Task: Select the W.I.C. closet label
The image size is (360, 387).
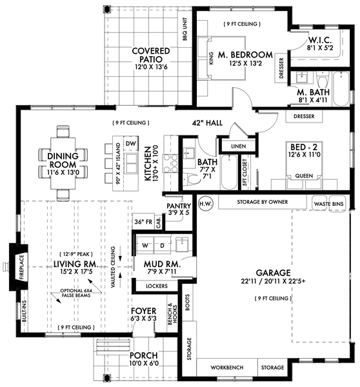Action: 319,42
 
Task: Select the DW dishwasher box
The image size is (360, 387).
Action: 130,143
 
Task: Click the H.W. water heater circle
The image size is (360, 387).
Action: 205,202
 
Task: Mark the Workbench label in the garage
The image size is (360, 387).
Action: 226,368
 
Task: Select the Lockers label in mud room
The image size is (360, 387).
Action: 157,285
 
